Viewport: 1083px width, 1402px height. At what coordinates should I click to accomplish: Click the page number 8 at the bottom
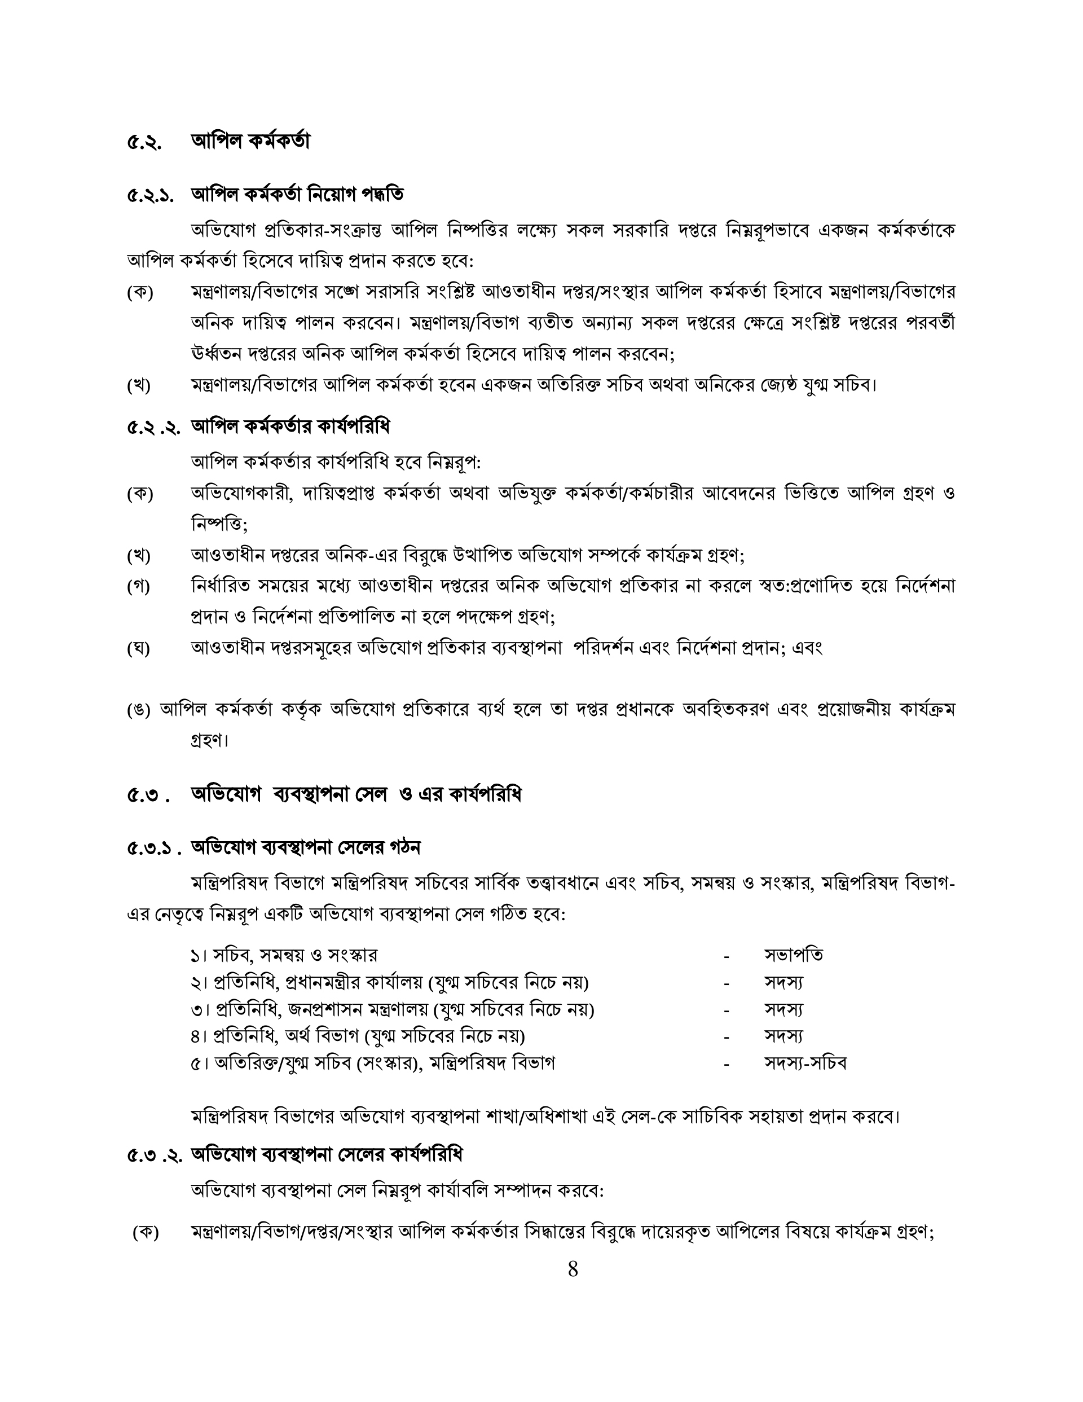[x=573, y=1269]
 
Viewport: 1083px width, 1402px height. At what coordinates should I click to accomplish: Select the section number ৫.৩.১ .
[x=154, y=849]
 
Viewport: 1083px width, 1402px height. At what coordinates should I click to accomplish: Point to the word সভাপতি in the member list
[x=794, y=955]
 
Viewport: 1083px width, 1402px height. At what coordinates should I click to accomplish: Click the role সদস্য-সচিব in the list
[x=805, y=1063]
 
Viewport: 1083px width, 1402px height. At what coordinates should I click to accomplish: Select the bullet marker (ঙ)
[x=139, y=710]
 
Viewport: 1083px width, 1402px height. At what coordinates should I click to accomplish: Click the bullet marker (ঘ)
[x=139, y=648]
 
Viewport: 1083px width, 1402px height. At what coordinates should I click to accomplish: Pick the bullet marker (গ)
[x=139, y=587]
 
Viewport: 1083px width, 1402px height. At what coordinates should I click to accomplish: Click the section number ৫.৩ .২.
[x=154, y=1156]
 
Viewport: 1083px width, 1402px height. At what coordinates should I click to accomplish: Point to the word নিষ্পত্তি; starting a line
[x=219, y=525]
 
